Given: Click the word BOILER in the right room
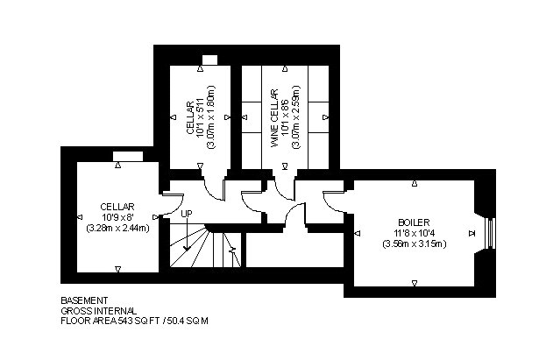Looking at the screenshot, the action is [414, 222].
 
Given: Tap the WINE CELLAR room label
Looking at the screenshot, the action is [274, 118].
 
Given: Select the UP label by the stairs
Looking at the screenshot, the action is [187, 214].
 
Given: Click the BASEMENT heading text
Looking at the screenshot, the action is [84, 300].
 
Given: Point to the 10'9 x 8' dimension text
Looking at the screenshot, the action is [117, 217].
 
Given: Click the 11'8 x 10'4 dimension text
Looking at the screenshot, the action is [414, 233].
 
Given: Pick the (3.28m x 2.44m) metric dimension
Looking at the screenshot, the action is [117, 228].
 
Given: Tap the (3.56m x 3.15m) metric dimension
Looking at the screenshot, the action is [415, 244].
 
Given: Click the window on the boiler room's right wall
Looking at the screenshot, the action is [492, 233].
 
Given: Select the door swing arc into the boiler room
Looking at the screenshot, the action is [330, 203].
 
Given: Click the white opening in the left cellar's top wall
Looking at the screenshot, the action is [128, 156].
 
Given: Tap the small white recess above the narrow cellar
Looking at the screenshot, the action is [209, 60].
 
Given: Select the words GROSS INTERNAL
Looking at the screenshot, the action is [99, 311].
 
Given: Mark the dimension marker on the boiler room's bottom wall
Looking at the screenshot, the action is [415, 283].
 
